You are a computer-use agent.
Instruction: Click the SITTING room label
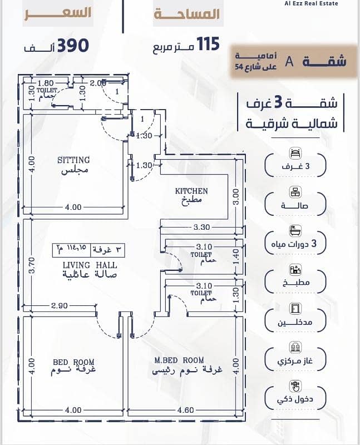click(73, 160)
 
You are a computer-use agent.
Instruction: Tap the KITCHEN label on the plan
click(191, 191)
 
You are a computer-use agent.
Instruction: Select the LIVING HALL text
click(90, 265)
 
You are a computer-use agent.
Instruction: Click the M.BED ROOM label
click(179, 360)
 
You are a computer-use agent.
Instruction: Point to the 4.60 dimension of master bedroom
click(185, 410)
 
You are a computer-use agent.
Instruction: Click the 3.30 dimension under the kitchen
click(201, 227)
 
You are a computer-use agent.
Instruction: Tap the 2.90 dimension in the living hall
click(60, 305)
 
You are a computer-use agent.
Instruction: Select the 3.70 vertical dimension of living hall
click(32, 265)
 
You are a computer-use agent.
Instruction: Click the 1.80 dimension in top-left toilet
click(46, 83)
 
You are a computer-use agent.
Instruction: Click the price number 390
click(73, 46)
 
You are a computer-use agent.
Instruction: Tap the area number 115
click(208, 44)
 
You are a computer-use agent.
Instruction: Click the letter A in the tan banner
click(289, 61)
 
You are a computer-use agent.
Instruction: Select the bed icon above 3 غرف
click(295, 154)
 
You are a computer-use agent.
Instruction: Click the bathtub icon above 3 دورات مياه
click(295, 231)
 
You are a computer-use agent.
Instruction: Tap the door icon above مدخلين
click(295, 309)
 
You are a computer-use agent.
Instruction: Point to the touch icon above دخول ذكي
click(295, 386)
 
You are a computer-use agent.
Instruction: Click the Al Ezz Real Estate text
click(311, 3)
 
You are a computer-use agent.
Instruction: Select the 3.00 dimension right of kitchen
click(236, 197)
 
